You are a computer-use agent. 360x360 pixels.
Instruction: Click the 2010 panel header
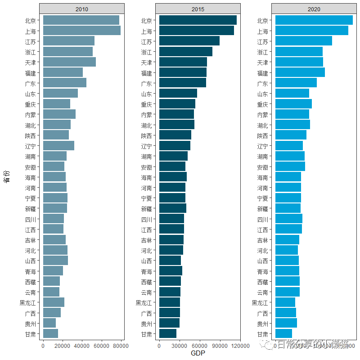click(81, 9)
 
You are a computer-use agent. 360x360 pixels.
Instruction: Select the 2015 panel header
click(198, 9)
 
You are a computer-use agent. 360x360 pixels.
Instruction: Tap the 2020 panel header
click(314, 9)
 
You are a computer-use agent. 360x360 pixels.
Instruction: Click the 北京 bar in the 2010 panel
click(81, 20)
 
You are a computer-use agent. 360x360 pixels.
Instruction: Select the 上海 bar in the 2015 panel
click(196, 31)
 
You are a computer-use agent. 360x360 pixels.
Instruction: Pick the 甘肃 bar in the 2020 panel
click(283, 333)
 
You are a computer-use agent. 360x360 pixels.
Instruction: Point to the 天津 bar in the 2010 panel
click(69, 62)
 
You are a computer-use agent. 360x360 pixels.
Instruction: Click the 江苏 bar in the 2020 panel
click(303, 41)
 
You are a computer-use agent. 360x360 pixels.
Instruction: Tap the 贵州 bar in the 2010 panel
click(49, 323)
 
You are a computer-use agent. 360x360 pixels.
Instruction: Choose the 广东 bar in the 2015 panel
click(182, 83)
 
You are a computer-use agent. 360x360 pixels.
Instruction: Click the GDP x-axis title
click(198, 354)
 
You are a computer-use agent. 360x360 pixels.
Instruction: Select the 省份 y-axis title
click(7, 176)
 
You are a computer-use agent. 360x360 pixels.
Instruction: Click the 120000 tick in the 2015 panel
click(240, 346)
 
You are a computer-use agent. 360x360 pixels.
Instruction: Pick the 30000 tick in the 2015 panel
click(180, 346)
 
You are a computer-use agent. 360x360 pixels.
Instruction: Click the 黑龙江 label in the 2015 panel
click(144, 302)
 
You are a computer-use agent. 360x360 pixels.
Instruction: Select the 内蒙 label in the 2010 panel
click(32, 115)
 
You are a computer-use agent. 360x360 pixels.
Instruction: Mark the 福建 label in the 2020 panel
click(262, 73)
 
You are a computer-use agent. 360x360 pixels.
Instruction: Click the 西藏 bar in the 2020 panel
click(287, 281)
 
